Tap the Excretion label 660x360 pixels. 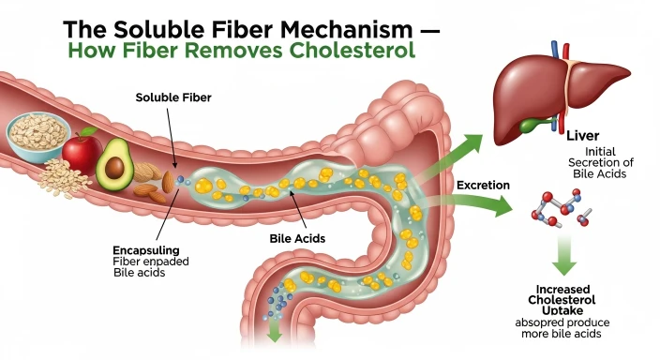pos(483,186)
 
